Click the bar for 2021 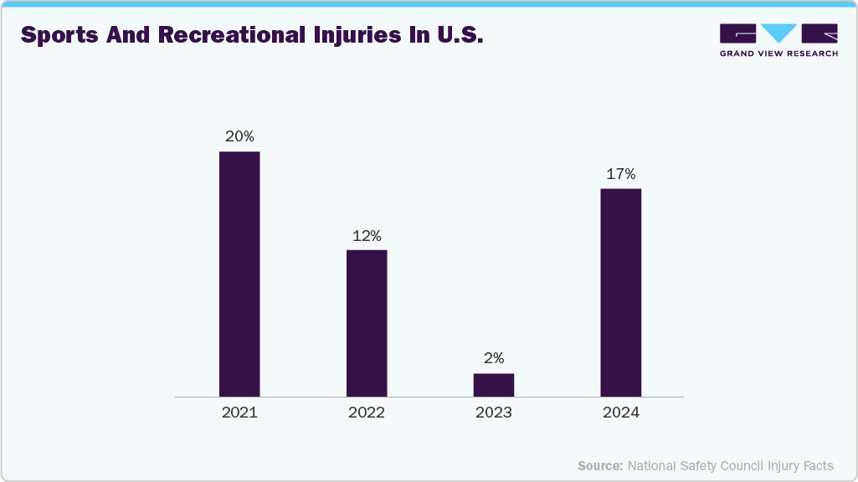point(239,274)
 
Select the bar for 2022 point(367,323)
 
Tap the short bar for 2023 point(494,384)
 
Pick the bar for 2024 point(621,292)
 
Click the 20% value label point(239,136)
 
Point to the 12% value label point(367,236)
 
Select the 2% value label point(494,358)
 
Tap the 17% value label point(621,174)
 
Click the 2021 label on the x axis point(239,413)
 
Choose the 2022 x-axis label point(367,413)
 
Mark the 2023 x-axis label point(494,413)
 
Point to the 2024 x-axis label point(621,413)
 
